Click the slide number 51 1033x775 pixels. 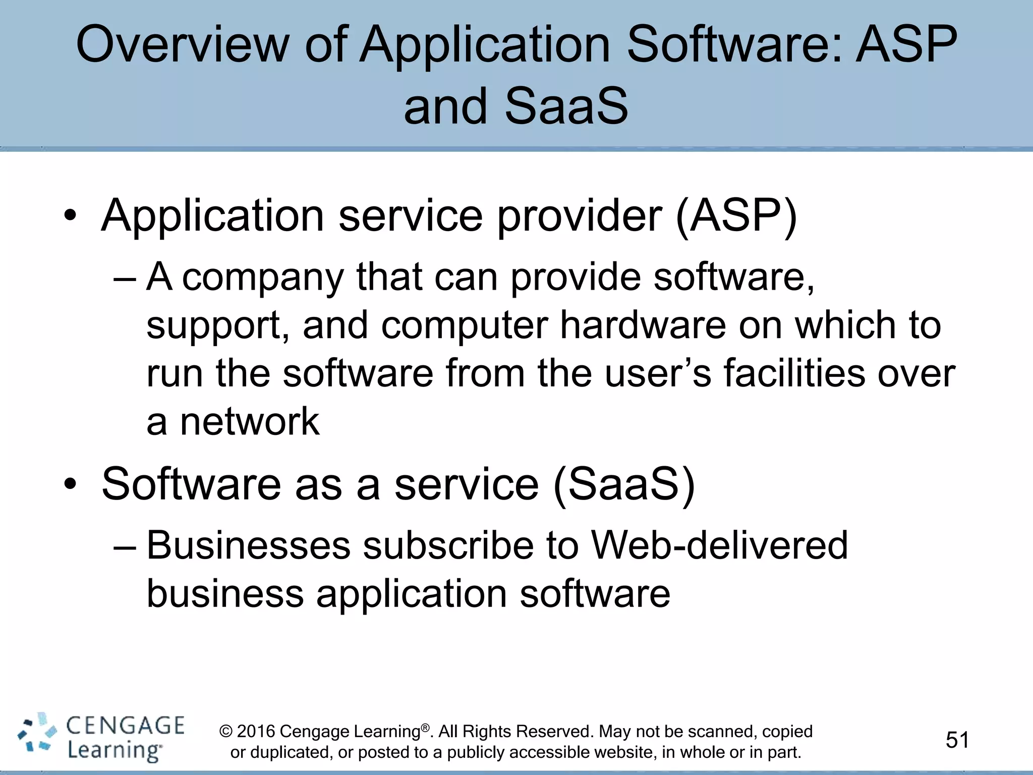957,740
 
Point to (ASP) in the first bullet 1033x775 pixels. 736,216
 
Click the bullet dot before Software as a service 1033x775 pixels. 70,485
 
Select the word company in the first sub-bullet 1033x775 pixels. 262,279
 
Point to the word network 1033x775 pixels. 250,422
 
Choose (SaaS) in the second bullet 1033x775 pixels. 624,484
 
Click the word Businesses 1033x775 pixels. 248,546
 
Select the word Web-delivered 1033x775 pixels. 719,546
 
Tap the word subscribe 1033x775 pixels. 448,546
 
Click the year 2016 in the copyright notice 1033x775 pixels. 256,732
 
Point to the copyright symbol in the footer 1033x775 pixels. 226,732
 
